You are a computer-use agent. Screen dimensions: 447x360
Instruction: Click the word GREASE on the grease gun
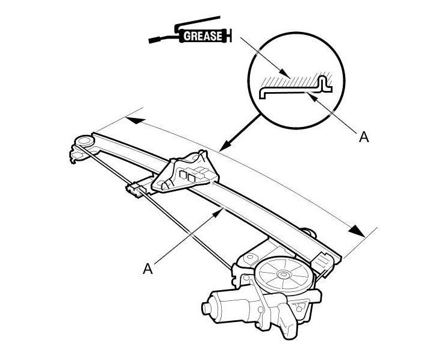tap(202, 36)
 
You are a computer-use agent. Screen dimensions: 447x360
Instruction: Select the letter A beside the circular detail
tap(364, 137)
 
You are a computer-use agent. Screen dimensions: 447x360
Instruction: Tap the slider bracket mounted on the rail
tap(184, 173)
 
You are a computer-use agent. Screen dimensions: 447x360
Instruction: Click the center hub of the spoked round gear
tap(283, 275)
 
